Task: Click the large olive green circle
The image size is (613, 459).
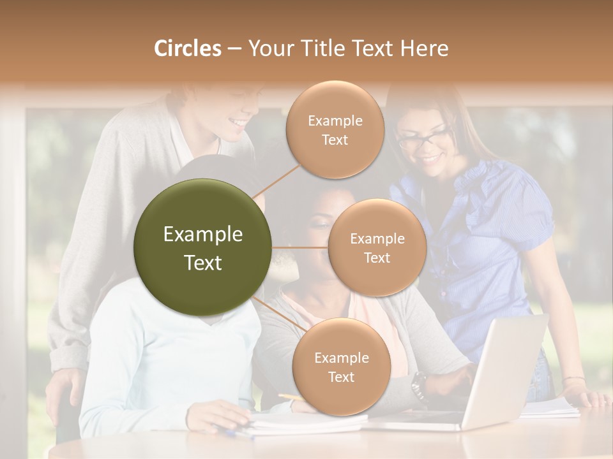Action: [203, 247]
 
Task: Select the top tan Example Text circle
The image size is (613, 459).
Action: [335, 130]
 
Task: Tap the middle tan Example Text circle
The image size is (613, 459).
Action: [377, 247]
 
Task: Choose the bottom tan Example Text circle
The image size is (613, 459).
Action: [341, 367]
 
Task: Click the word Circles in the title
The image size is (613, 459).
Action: [187, 48]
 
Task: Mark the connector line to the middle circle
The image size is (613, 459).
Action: [300, 247]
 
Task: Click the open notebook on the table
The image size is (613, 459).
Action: [306, 423]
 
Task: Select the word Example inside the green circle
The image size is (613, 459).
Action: [203, 235]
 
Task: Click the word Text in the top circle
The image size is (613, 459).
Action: [335, 140]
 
